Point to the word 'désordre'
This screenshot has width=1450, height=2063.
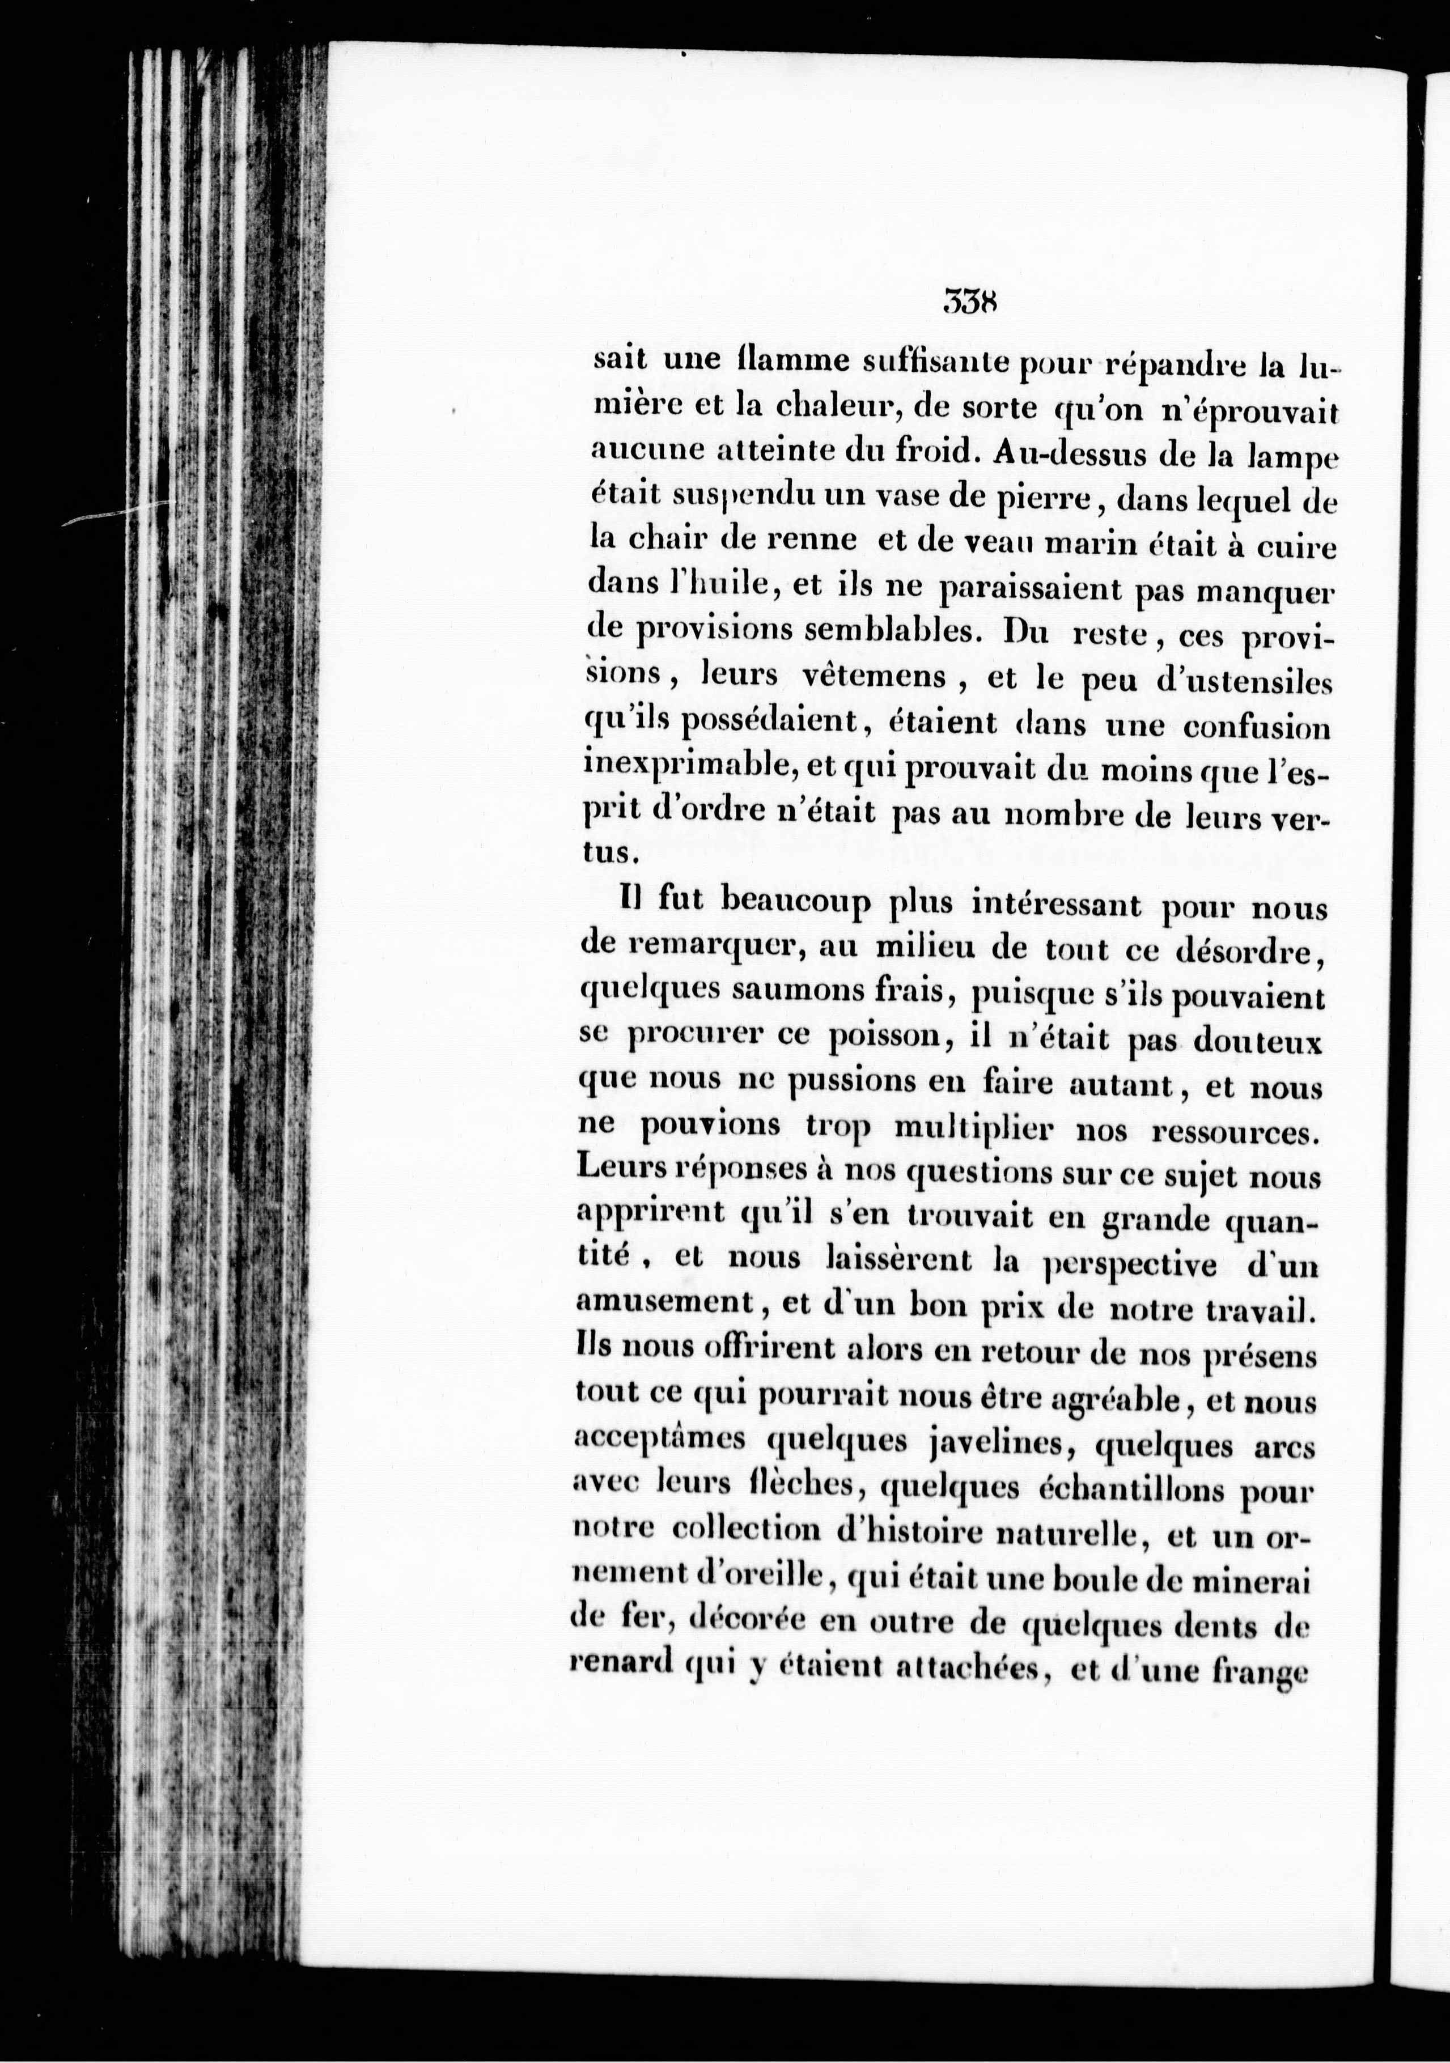(1252, 950)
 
